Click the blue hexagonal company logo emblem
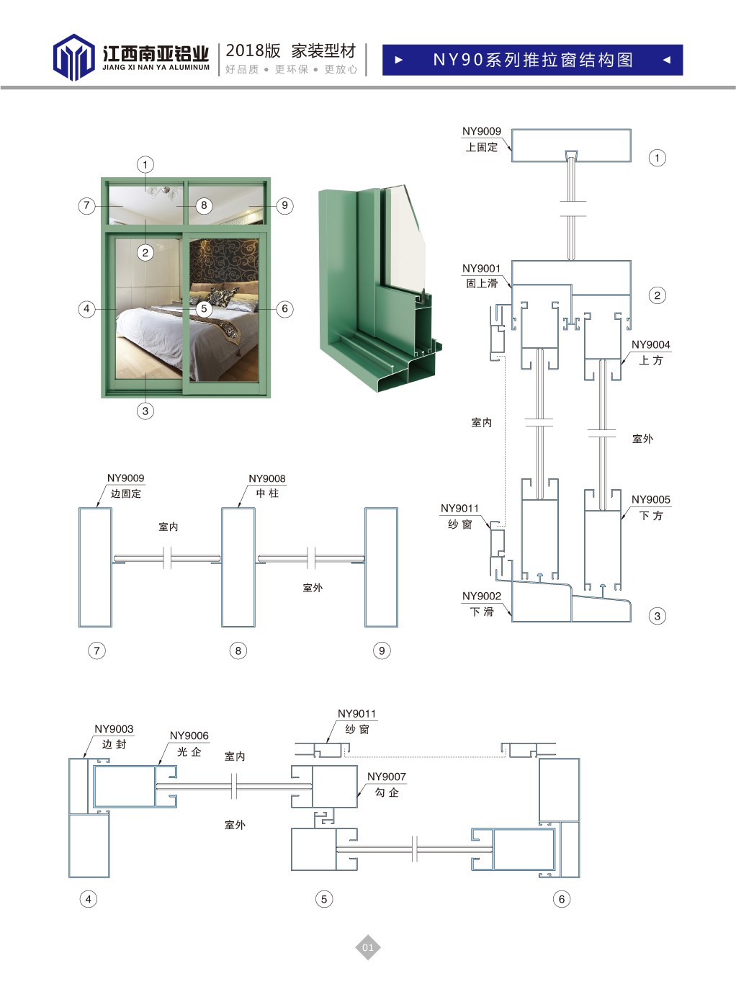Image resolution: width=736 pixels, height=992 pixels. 73,57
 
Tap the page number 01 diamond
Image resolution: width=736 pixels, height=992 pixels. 368,947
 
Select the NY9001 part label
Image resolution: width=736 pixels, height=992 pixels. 481,269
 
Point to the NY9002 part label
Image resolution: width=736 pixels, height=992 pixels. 481,596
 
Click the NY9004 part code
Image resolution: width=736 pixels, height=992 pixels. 650,345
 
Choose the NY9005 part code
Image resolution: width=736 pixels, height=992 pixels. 650,499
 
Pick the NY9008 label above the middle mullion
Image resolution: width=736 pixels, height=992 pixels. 266,479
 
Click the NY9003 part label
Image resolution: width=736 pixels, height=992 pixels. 114,729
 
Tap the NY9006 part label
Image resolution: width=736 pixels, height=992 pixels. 189,736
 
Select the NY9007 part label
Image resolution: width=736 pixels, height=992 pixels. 387,777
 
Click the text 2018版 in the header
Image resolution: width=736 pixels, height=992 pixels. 253,50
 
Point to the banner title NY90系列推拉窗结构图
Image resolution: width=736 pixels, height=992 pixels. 533,60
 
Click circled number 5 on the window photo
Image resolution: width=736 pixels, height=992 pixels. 204,308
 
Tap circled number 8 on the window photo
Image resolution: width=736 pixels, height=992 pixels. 204,205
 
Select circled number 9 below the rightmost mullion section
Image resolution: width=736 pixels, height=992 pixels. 382,651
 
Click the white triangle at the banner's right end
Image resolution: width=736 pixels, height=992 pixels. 666,60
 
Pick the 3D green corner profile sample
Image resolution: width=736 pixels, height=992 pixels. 378,288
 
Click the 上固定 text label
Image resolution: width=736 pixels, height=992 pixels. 482,147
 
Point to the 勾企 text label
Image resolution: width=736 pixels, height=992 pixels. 387,792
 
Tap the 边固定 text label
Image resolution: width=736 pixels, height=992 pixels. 126,493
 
